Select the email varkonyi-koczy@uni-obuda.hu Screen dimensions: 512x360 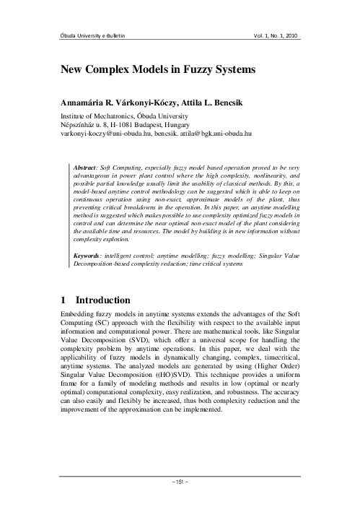[100, 134]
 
